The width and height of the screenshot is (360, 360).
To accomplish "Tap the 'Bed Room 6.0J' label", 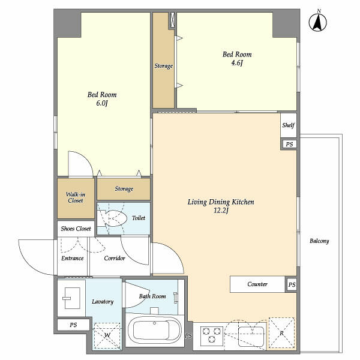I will (101, 99).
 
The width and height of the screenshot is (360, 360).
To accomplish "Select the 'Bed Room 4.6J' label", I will (236, 59).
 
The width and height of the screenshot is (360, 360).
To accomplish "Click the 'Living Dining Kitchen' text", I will (221, 203).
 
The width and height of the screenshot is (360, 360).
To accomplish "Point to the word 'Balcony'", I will (319, 241).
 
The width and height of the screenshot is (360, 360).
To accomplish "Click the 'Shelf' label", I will (289, 126).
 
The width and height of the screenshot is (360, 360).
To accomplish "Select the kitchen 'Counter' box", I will (257, 284).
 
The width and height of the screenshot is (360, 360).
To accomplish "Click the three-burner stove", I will (211, 335).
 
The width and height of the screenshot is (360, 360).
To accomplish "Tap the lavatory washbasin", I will (71, 298).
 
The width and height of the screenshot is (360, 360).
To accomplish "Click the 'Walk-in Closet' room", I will (75, 197).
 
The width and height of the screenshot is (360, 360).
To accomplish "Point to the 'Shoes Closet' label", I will (75, 229).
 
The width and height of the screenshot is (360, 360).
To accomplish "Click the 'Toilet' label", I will (138, 218).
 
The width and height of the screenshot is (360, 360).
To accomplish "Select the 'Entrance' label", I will (73, 259).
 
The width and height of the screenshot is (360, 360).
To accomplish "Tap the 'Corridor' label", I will (114, 259).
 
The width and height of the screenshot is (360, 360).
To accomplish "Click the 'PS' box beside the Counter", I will (292, 284).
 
